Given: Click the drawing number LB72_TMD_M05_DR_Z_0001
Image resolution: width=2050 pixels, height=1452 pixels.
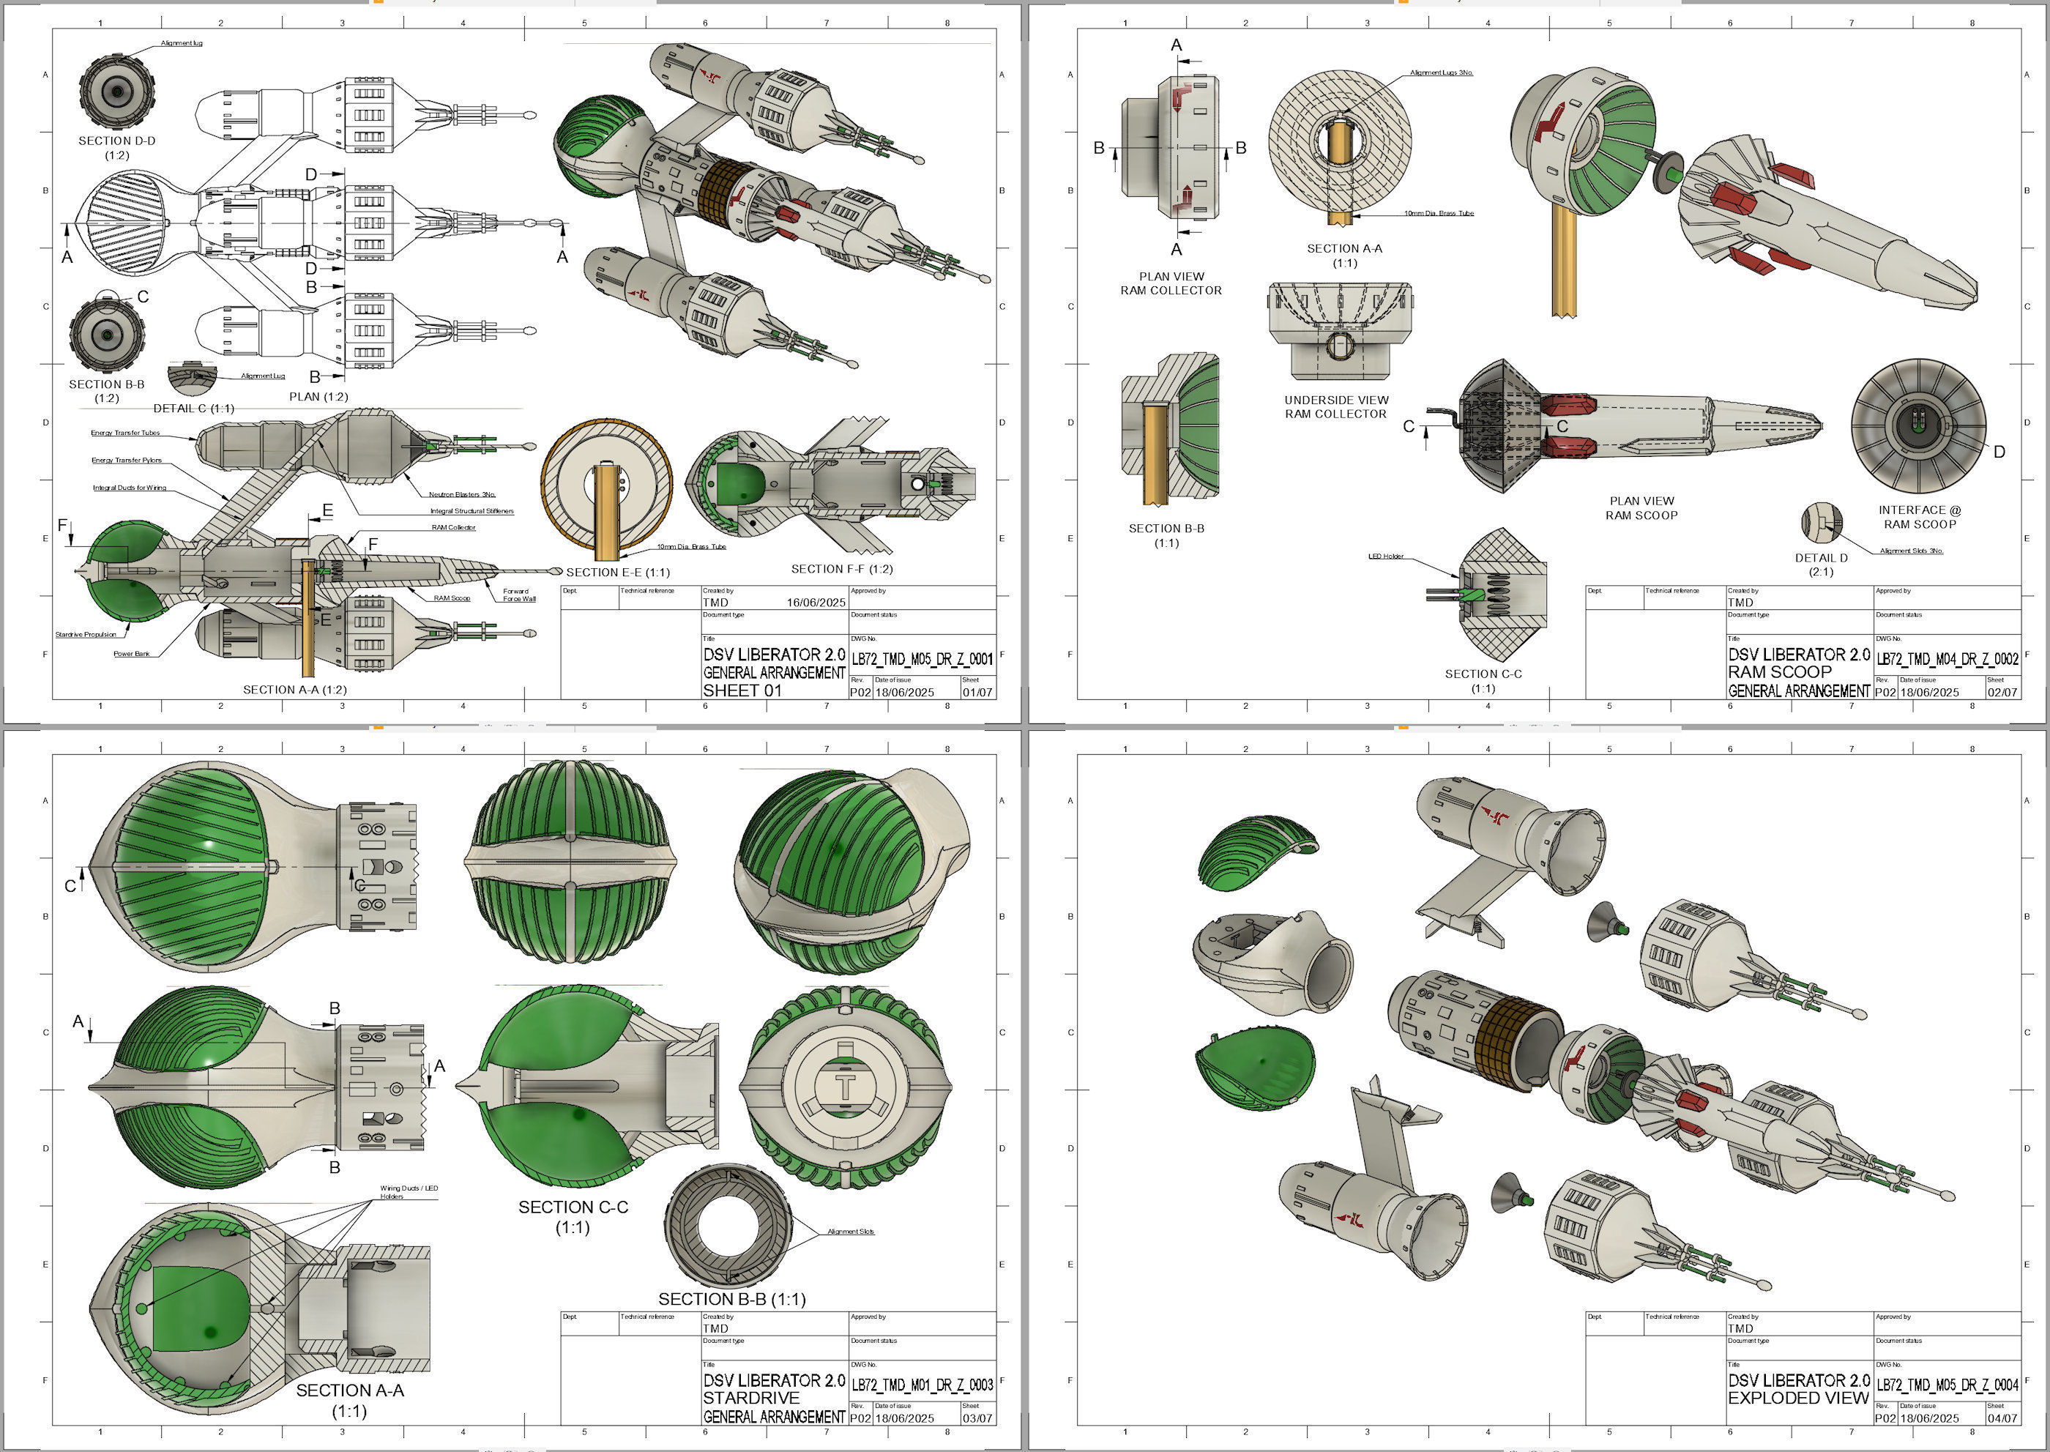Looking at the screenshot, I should [922, 659].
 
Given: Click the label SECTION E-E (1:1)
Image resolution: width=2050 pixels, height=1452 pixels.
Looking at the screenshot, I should [618, 572].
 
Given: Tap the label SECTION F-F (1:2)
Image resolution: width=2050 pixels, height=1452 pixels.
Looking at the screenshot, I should [841, 569].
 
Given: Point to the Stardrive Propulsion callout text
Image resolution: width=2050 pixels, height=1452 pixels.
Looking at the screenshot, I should [86, 635].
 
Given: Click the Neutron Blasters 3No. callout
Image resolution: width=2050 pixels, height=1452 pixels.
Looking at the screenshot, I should [461, 494].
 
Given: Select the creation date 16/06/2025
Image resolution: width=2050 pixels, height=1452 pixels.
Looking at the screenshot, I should [816, 603].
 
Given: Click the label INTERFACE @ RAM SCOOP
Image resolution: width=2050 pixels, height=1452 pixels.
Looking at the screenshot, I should [1920, 517].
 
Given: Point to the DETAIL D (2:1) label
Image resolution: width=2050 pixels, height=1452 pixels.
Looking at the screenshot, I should [1821, 564].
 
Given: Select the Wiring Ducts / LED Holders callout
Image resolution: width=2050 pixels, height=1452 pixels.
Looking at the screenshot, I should [409, 1192].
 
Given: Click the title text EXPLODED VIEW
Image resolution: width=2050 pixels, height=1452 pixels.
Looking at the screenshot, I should [1798, 1398].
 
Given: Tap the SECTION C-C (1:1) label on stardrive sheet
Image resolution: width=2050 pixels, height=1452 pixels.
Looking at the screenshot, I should [573, 1216].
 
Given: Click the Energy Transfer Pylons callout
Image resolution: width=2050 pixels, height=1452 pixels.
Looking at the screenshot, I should [126, 461].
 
